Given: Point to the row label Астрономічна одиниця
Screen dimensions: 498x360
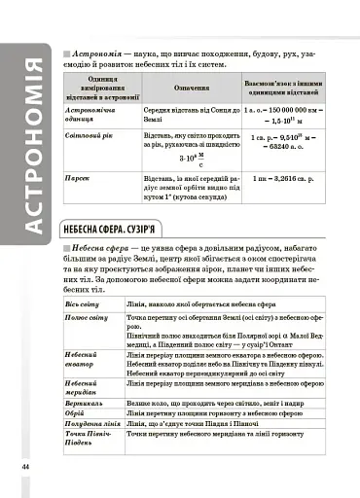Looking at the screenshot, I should point(92,117).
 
